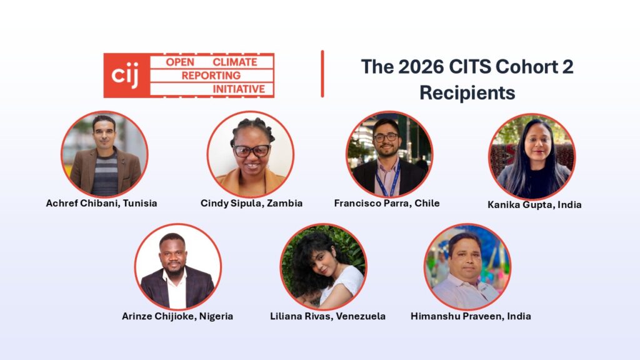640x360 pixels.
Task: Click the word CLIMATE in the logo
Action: tap(235, 62)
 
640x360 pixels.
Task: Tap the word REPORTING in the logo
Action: tap(211, 76)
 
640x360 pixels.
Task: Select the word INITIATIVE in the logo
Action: tap(239, 89)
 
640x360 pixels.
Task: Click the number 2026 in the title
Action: tap(421, 66)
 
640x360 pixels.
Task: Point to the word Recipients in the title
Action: tap(467, 92)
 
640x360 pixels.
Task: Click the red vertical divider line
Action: tap(322, 74)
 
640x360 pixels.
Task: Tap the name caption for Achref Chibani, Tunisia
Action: tap(101, 203)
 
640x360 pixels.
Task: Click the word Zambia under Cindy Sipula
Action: tap(284, 203)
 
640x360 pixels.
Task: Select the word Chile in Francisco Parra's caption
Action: tap(427, 203)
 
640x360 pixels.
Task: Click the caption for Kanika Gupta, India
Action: tap(534, 204)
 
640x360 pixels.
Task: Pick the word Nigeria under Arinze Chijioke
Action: tap(216, 316)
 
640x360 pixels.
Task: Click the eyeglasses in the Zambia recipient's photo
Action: tap(251, 151)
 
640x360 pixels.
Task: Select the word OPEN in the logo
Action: tap(180, 62)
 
